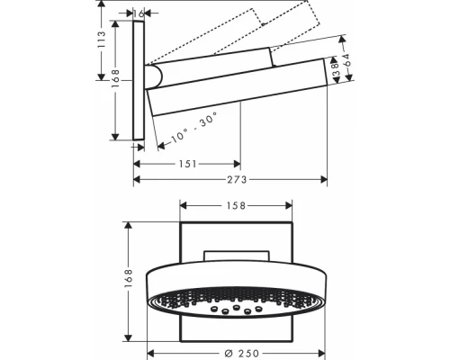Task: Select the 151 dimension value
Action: [x=186, y=164]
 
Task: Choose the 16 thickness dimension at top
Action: [x=137, y=13]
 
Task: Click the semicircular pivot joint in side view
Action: [x=154, y=77]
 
